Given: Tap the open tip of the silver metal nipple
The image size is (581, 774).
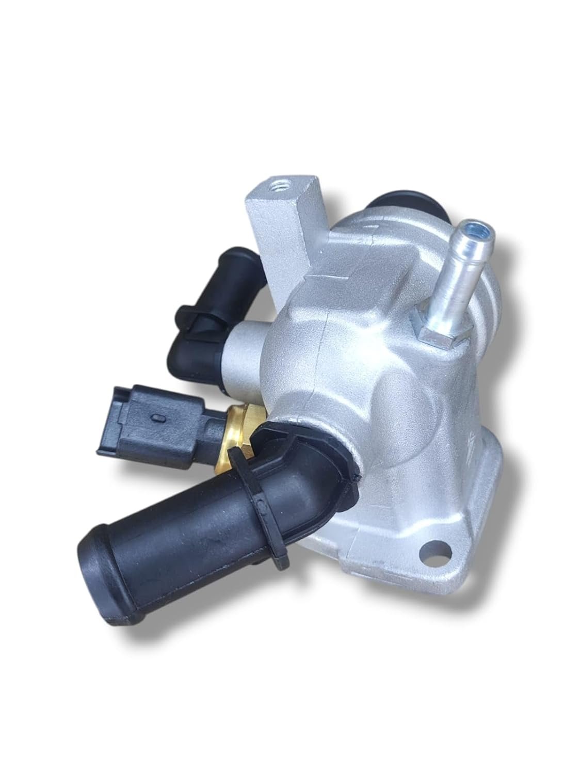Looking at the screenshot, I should pyautogui.click(x=472, y=242).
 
